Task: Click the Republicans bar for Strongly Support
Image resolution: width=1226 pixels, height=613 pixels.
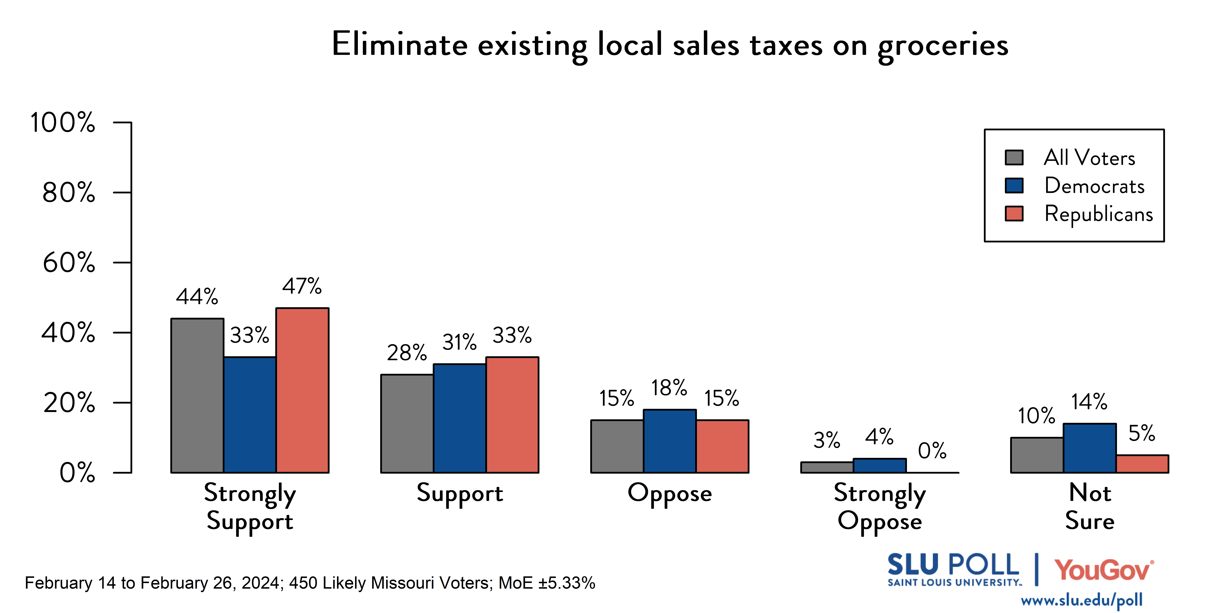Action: click(302, 390)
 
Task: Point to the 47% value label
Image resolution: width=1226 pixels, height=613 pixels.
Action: click(302, 286)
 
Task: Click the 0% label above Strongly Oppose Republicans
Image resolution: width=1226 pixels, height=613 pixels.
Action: click(932, 450)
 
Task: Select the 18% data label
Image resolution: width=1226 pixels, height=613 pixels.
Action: click(669, 388)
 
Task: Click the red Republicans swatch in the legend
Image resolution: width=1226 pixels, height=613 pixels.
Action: click(1014, 214)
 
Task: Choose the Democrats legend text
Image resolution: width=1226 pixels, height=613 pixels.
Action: click(1094, 186)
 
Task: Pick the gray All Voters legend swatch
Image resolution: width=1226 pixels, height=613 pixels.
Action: click(1014, 157)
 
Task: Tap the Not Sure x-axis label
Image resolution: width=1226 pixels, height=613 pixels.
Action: click(1089, 506)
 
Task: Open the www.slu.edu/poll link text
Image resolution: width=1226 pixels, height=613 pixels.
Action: click(1081, 600)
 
